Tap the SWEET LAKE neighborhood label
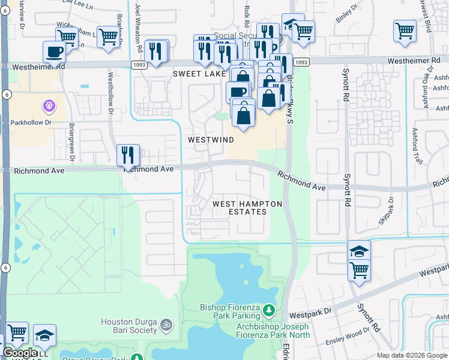(197, 74)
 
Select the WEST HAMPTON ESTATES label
(248, 208)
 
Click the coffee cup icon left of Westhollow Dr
(55, 52)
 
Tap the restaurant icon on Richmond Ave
(128, 155)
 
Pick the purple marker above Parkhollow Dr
(48, 106)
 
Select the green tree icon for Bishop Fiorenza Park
(269, 311)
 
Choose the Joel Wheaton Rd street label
(139, 27)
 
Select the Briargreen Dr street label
(71, 143)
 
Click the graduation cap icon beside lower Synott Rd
(359, 251)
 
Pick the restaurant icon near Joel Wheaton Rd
(156, 52)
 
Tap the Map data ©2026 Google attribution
(411, 355)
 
